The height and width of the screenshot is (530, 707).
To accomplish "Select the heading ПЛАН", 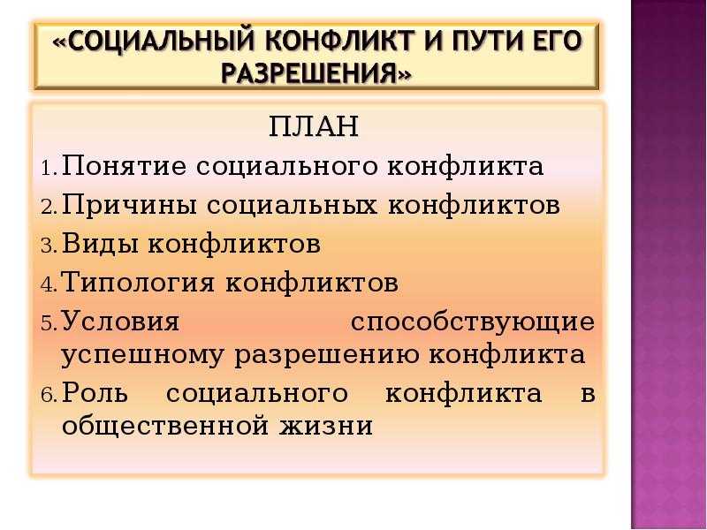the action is tap(314, 126).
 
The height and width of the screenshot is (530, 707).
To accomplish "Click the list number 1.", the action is tap(49, 169).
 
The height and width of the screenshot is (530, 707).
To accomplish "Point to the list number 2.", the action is tap(49, 208).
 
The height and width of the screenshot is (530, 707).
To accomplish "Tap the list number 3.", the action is tap(49, 246).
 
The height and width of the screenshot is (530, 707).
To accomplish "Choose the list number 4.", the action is tap(49, 284).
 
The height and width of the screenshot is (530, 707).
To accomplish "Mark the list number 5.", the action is tap(49, 323).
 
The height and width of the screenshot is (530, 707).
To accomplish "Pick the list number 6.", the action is tap(49, 396).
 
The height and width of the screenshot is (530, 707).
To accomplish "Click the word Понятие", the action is tap(124, 165).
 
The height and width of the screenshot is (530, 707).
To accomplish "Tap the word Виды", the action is tap(100, 244).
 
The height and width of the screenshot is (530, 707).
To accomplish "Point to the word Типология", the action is tap(137, 283).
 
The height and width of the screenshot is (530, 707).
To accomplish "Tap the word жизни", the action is tap(326, 425).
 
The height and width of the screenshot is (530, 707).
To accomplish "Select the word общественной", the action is tap(165, 426).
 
